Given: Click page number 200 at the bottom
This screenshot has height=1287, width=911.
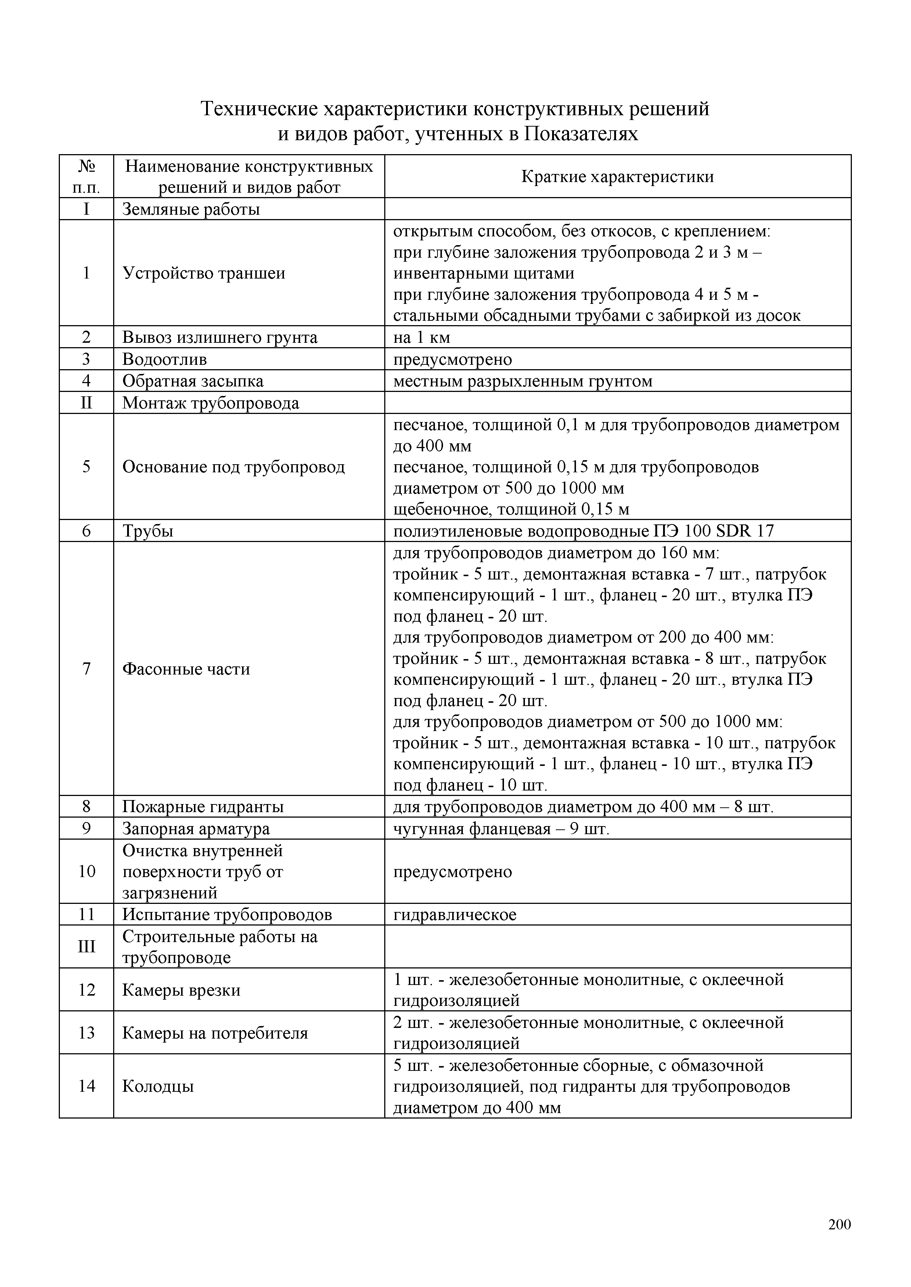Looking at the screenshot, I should tap(839, 1224).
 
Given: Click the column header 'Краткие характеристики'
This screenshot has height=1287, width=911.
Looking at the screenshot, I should tap(617, 177).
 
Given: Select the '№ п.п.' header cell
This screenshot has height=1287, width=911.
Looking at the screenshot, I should tap(86, 177).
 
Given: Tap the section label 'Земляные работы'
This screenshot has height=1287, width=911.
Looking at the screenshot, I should tap(191, 209).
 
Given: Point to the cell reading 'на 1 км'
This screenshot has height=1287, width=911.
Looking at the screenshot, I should tap(421, 338).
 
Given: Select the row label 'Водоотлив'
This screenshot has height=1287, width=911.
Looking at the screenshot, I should tap(164, 359).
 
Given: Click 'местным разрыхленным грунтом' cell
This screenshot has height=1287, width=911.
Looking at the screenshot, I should tap(523, 381).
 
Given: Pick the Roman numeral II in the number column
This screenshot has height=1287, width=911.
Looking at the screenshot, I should tap(86, 403).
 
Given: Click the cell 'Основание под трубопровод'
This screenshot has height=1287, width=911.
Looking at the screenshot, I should tap(233, 467).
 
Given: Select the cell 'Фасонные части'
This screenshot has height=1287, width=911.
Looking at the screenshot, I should tap(186, 669).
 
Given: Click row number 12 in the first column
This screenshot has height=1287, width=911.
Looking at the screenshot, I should tap(86, 990).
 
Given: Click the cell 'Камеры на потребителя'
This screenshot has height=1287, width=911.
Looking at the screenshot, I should tap(215, 1033).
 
